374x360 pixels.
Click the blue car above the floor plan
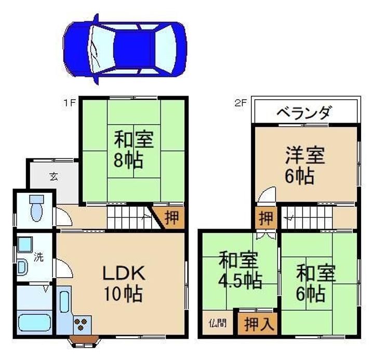click(x=125, y=49)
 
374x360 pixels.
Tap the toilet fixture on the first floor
click(x=36, y=208)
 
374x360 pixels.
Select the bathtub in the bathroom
click(x=35, y=322)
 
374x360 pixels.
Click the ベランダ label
click(x=304, y=112)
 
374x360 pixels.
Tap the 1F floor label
click(x=70, y=103)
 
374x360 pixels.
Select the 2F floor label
click(x=240, y=103)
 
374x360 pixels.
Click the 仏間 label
click(x=218, y=323)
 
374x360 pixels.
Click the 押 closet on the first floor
click(x=171, y=217)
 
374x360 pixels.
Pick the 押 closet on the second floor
click(x=266, y=218)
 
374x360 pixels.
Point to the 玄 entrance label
click(x=54, y=176)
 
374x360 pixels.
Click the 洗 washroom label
click(x=38, y=257)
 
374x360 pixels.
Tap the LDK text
click(x=124, y=273)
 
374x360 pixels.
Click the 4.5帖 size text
click(x=241, y=281)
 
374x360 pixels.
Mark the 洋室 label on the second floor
click(x=305, y=155)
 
